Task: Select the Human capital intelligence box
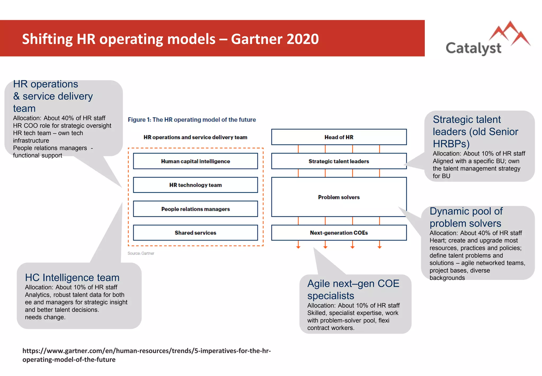(195, 161)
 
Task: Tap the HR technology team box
(195, 185)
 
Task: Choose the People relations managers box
(195, 209)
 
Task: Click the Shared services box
(195, 233)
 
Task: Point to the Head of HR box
(339, 137)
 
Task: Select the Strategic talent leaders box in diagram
(339, 161)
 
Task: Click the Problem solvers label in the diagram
(339, 197)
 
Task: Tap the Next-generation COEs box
(339, 233)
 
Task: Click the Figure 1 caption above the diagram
(192, 120)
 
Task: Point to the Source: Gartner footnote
(141, 253)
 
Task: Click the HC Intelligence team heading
(72, 278)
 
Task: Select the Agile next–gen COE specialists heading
(353, 290)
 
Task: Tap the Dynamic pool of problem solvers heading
(466, 217)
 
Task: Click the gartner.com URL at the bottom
(146, 355)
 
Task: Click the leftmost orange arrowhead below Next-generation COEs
(298, 247)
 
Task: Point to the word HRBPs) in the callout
(451, 144)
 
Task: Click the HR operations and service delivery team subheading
(195, 137)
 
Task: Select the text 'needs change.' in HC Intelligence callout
(45, 317)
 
